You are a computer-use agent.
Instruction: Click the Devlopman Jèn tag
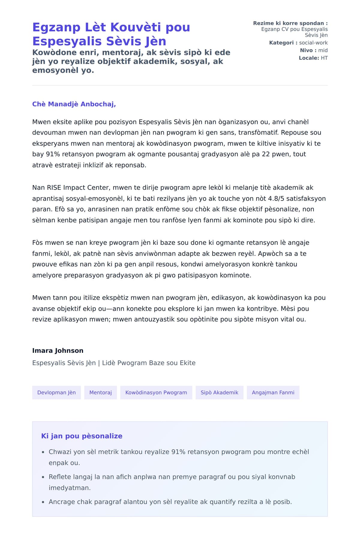[56, 392]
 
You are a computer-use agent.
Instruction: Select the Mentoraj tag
[100, 392]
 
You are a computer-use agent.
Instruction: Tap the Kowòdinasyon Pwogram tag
[156, 392]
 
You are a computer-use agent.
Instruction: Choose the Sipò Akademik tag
[219, 392]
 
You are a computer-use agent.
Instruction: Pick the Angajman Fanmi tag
[273, 392]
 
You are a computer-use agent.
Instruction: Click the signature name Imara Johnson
[58, 350]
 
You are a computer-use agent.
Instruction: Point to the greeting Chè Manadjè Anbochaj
[74, 104]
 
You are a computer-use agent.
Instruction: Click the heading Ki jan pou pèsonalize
[82, 436]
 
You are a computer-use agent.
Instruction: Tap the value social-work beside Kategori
[313, 43]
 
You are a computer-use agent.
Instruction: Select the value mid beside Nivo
[323, 50]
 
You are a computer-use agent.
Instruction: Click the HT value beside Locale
[324, 58]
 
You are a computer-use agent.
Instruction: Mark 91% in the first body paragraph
[52, 154]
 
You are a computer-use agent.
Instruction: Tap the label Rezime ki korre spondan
[290, 23]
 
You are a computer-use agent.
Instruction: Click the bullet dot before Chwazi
[43, 452]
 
